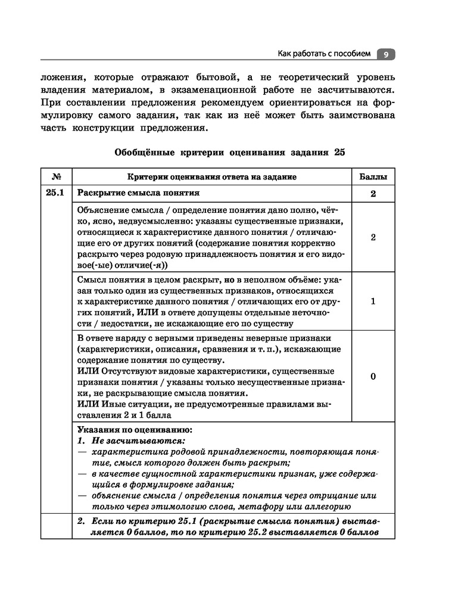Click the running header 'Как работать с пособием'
point(324,54)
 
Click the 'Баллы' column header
point(373,177)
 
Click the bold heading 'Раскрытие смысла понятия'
point(138,193)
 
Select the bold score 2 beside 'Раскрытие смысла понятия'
point(373,194)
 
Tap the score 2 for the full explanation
point(373,237)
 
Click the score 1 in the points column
point(373,301)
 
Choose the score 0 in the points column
point(373,377)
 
